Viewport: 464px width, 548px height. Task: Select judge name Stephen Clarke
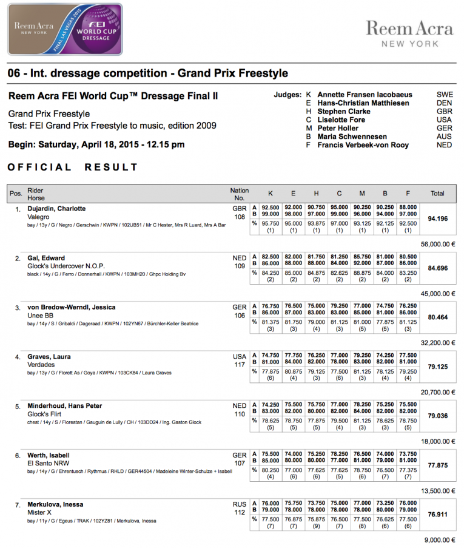pyautogui.click(x=344, y=112)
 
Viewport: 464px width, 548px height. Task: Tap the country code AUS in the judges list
pyautogui.click(x=444, y=137)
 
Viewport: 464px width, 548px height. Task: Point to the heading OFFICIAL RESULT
pyautogui.click(x=73, y=167)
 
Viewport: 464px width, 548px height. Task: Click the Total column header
pyautogui.click(x=437, y=194)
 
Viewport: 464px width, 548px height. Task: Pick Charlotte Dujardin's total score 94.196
pyautogui.click(x=437, y=217)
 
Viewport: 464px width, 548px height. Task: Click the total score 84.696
pyautogui.click(x=437, y=267)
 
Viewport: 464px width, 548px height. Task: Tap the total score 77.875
pyautogui.click(x=437, y=464)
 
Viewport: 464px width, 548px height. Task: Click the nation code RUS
pyautogui.click(x=240, y=504)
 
